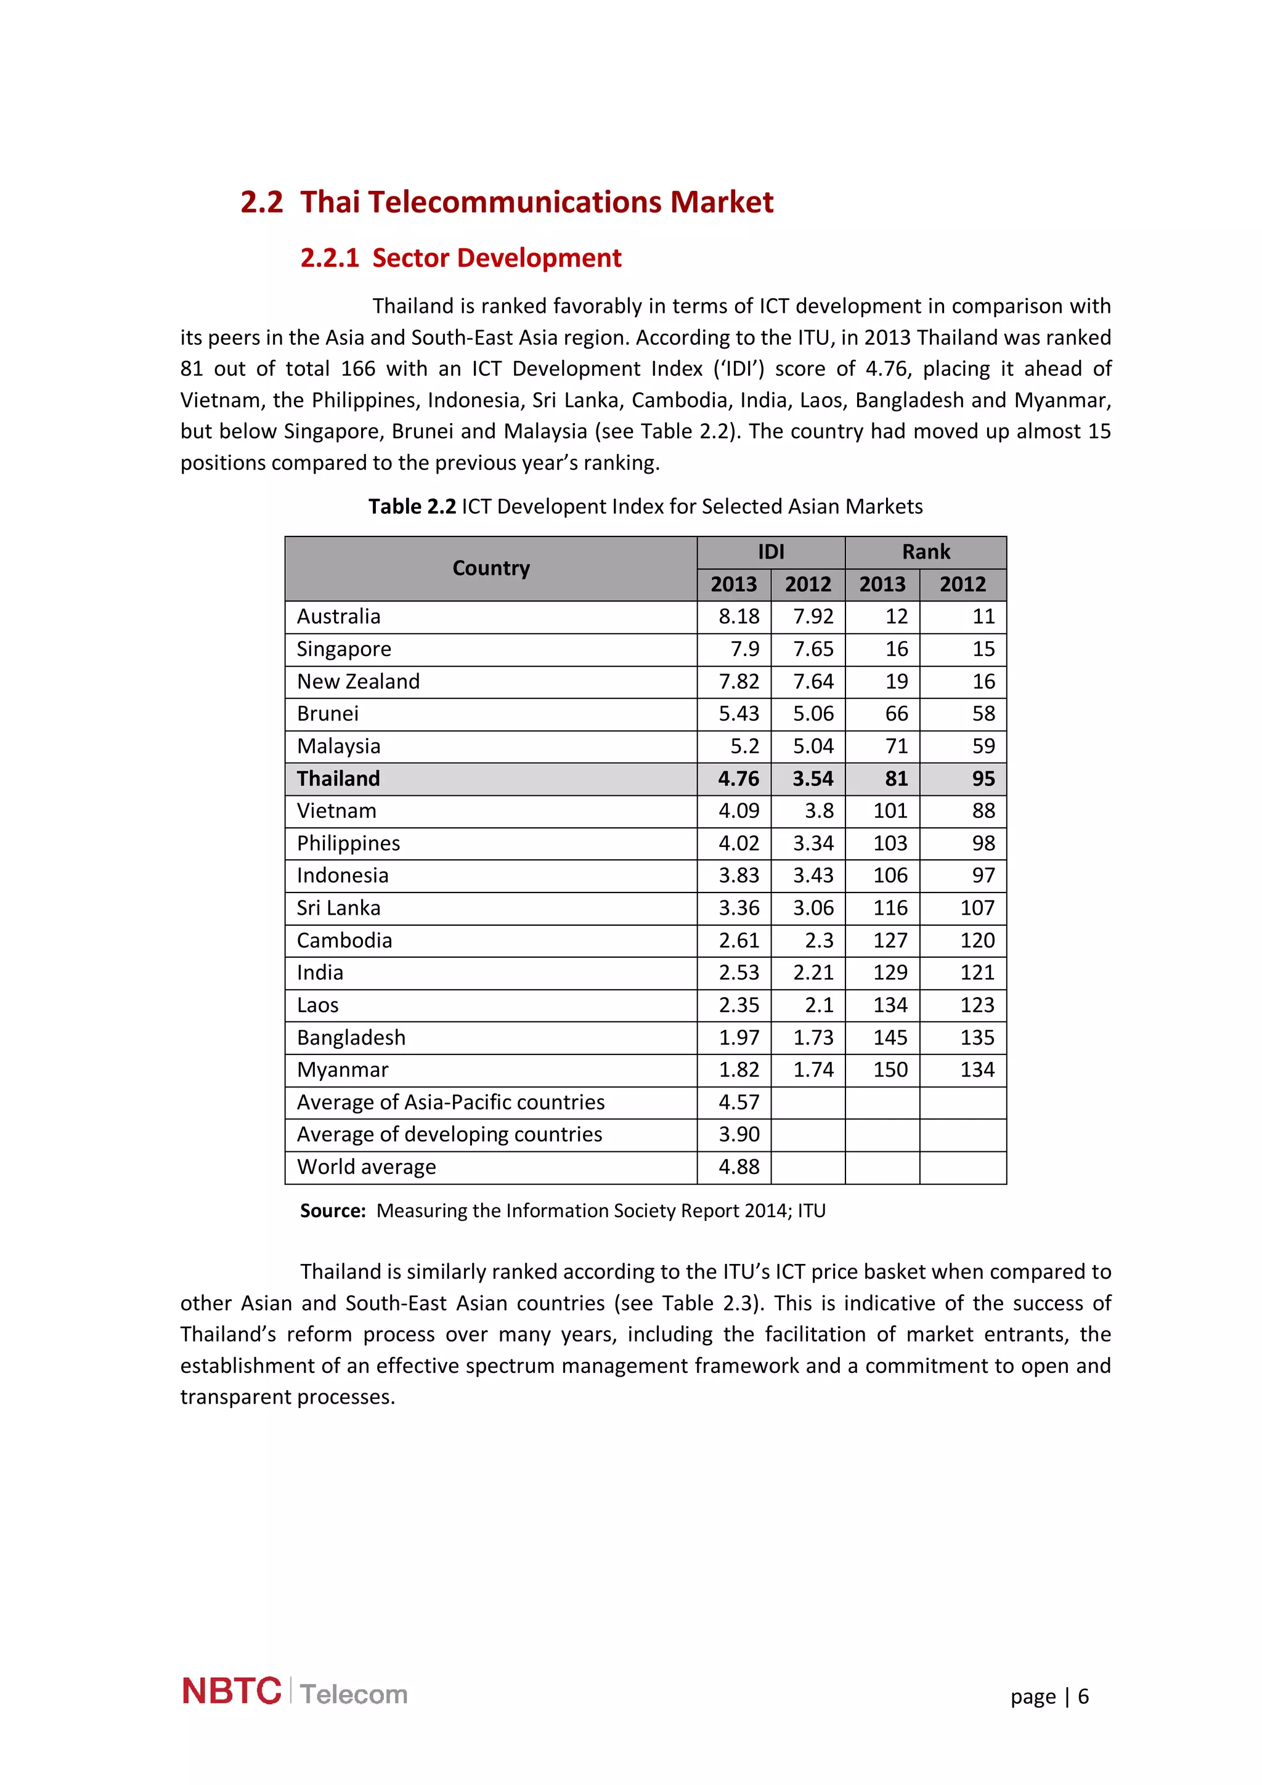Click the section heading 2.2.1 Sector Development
460,258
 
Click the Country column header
491,569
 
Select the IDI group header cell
771,552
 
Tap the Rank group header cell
926,552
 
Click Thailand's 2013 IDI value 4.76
738,778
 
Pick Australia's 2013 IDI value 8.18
738,617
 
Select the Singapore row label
344,649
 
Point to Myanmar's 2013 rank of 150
890,1070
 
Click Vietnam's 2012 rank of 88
983,811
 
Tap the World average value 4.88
738,1167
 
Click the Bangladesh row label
351,1038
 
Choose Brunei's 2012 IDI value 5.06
813,714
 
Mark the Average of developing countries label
449,1135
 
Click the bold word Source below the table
332,1210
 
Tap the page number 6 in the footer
1083,1696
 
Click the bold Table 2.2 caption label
412,507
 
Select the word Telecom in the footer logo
354,1694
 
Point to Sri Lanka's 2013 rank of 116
890,908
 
